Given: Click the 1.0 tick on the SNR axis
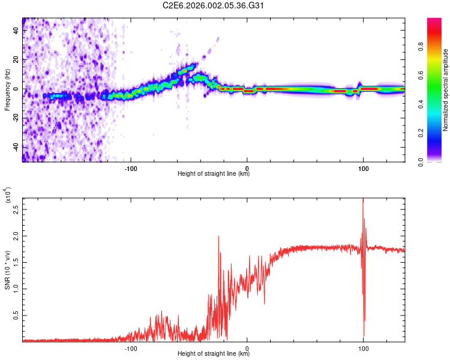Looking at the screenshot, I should [x=16, y=288].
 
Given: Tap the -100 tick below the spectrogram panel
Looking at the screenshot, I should [x=131, y=169].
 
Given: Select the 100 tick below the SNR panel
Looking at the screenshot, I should [x=363, y=347].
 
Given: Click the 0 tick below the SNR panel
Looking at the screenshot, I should [x=247, y=347].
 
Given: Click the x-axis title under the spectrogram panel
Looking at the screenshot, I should [x=214, y=175].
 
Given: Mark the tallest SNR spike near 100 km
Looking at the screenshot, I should [x=363, y=200].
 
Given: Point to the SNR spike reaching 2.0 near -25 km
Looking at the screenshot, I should [x=218, y=236].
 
